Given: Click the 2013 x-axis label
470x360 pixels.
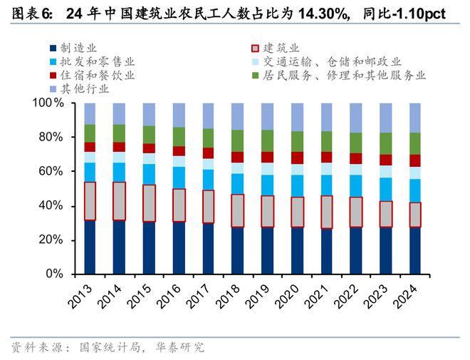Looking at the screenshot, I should (x=83, y=294).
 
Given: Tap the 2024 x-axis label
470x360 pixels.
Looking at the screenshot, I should (x=409, y=294).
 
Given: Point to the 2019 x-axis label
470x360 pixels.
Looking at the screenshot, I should (x=261, y=294).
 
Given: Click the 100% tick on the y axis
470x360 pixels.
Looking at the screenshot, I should (x=51, y=103).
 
